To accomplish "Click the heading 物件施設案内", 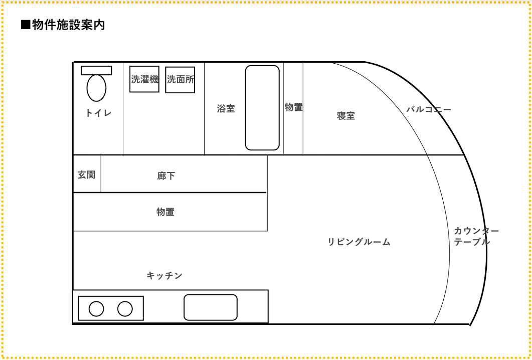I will tap(63, 25).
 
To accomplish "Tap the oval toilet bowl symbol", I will tap(96, 88).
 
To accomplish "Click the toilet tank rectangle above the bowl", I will tap(96, 70).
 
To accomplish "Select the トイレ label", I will tap(98, 113).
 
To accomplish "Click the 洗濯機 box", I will tap(144, 79).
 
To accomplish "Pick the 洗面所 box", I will tap(180, 80).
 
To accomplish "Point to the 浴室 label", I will tap(226, 108).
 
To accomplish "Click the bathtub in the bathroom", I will tap(262, 108).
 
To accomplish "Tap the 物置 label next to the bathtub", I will tap(294, 107).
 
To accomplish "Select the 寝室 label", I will tap(346, 116).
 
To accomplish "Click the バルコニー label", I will tap(429, 109).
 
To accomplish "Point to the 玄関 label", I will tap(86, 175).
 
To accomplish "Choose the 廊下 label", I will tap(166, 176).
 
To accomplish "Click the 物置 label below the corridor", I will tap(165, 212).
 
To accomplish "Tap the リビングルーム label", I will tap(359, 242).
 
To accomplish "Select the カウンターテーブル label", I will tap(476, 236).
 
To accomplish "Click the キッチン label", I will tap(164, 275).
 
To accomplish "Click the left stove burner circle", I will tap(96, 309).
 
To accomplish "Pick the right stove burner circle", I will tap(125, 309).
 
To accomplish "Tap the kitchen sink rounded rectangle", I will tap(211, 307).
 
